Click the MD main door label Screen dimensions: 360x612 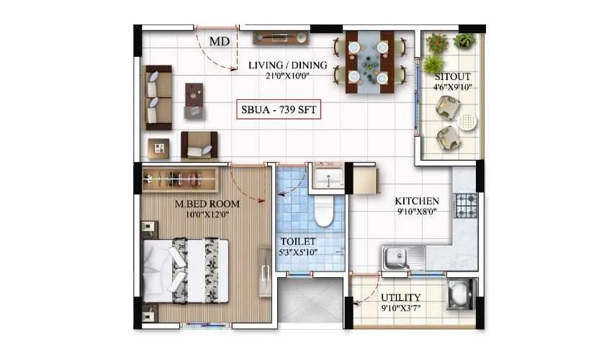point(220,42)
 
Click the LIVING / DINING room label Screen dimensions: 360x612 point(287,66)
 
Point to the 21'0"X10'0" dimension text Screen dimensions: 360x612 point(287,76)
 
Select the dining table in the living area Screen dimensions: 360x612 point(369,61)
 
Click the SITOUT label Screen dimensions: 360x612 point(452,76)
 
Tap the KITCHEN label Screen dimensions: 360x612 point(417,201)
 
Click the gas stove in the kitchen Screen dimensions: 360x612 point(466,205)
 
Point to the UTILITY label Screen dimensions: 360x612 point(400,297)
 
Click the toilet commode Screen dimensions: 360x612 point(323,213)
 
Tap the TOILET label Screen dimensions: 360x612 point(298,242)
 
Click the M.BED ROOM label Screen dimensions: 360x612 point(207,204)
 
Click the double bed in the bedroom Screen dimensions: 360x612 point(186,271)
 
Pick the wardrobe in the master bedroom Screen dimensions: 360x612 point(180,178)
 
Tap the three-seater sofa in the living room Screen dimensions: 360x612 point(158,97)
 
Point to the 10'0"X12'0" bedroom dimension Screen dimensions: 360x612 point(207,215)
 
